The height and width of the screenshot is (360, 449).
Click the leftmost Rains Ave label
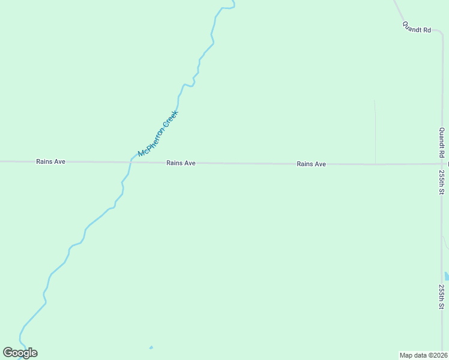tap(50, 161)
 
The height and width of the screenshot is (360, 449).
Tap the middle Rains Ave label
tap(181, 163)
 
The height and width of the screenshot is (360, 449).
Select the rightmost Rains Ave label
tap(311, 164)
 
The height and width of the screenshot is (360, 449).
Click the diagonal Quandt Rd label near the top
tap(417, 27)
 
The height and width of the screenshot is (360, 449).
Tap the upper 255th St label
tap(442, 182)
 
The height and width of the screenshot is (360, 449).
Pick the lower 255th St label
tap(442, 296)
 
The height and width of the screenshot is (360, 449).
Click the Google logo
tap(20, 353)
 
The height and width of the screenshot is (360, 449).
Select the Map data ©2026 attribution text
tap(423, 355)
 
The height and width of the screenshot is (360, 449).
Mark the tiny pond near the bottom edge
tap(151, 347)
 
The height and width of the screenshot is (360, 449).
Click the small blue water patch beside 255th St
tap(447, 276)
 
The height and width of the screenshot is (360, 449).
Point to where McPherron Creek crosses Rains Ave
tap(131, 162)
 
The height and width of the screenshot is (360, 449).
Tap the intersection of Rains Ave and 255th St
tap(442, 164)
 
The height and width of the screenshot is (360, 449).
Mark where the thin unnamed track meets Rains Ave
tap(376, 164)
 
